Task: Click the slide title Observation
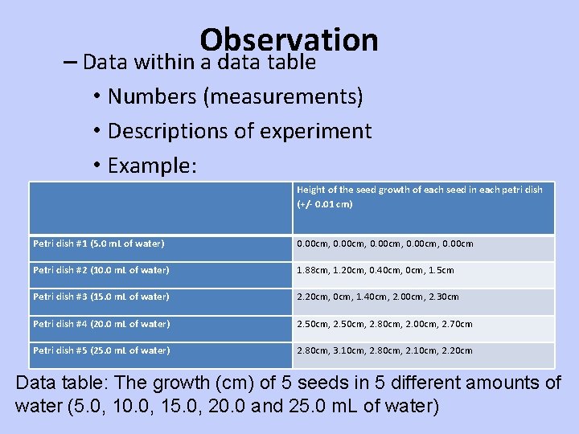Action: tap(289, 39)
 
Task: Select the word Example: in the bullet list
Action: tap(152, 166)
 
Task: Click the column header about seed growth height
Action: tap(420, 190)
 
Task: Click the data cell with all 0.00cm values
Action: tap(385, 244)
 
